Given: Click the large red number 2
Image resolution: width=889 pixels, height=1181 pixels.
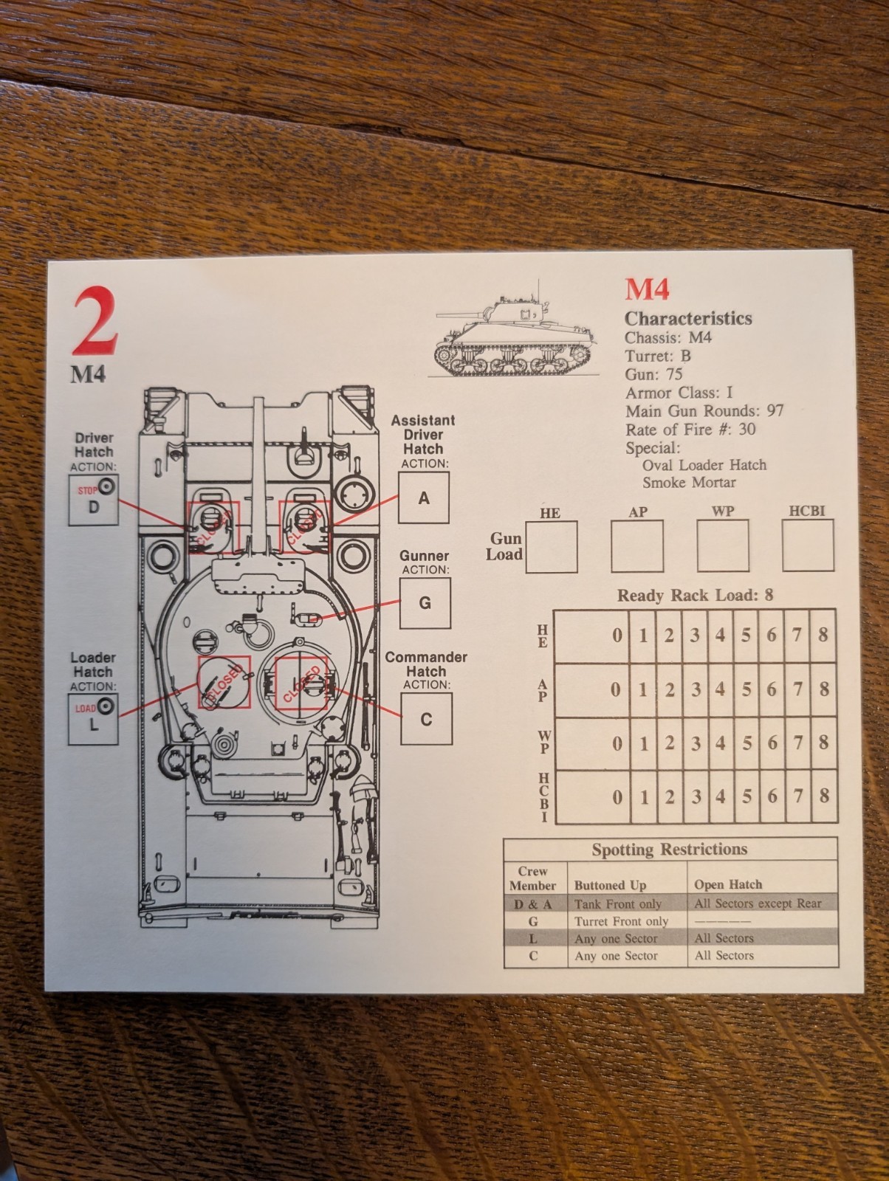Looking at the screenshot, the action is pyautogui.click(x=95, y=320).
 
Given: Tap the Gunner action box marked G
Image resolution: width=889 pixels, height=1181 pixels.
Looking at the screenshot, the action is pyautogui.click(x=425, y=602).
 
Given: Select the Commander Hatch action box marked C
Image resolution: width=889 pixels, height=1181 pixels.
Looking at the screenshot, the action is pyautogui.click(x=426, y=719).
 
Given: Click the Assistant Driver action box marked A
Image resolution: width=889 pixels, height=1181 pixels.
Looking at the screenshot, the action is pyautogui.click(x=424, y=497).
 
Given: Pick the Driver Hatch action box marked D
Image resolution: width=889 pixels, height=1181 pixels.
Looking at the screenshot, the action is pyautogui.click(x=94, y=500).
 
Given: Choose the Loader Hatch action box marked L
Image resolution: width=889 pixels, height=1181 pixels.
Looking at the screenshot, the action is pyautogui.click(x=93, y=720).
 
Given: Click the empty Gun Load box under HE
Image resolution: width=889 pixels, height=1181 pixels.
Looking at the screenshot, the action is pyautogui.click(x=551, y=547).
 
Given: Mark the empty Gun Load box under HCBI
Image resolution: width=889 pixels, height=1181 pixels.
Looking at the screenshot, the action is pyautogui.click(x=808, y=545).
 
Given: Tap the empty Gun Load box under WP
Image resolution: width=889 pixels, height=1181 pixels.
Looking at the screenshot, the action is pyautogui.click(x=723, y=545).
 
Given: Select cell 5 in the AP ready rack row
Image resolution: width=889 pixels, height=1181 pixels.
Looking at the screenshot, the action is pyautogui.click(x=746, y=689).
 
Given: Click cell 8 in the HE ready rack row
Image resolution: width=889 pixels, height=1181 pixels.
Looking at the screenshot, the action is pyautogui.click(x=823, y=636).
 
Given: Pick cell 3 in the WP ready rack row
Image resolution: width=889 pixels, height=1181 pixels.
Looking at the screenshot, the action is pyautogui.click(x=696, y=743).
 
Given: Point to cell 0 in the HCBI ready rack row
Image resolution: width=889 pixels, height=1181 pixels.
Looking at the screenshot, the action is pyautogui.click(x=592, y=797).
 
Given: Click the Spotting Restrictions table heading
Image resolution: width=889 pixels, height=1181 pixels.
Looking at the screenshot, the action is pyautogui.click(x=670, y=850).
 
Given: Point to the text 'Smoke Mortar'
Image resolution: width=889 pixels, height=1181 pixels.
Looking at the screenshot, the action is pyautogui.click(x=689, y=482).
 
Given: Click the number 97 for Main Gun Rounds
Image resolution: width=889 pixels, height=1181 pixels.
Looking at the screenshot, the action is pyautogui.click(x=775, y=411).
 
